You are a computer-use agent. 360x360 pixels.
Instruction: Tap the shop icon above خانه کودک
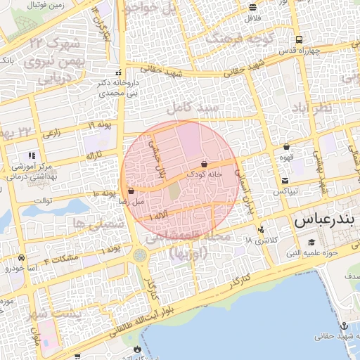coord(204,164)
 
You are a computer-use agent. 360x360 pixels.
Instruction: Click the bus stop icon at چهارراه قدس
coord(300,40)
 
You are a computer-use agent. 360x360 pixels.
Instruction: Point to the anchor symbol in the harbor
coord(344,326)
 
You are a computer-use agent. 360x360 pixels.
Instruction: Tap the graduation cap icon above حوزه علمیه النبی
coord(311,243)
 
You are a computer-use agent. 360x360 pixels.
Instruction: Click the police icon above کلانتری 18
coord(262,229)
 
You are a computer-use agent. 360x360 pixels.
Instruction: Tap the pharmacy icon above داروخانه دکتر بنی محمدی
coord(117,73)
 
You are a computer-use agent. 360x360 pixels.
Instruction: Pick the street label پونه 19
coord(101,125)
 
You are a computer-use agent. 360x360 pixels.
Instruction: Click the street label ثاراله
coord(94,154)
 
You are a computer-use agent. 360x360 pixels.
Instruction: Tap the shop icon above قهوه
coord(287,147)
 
